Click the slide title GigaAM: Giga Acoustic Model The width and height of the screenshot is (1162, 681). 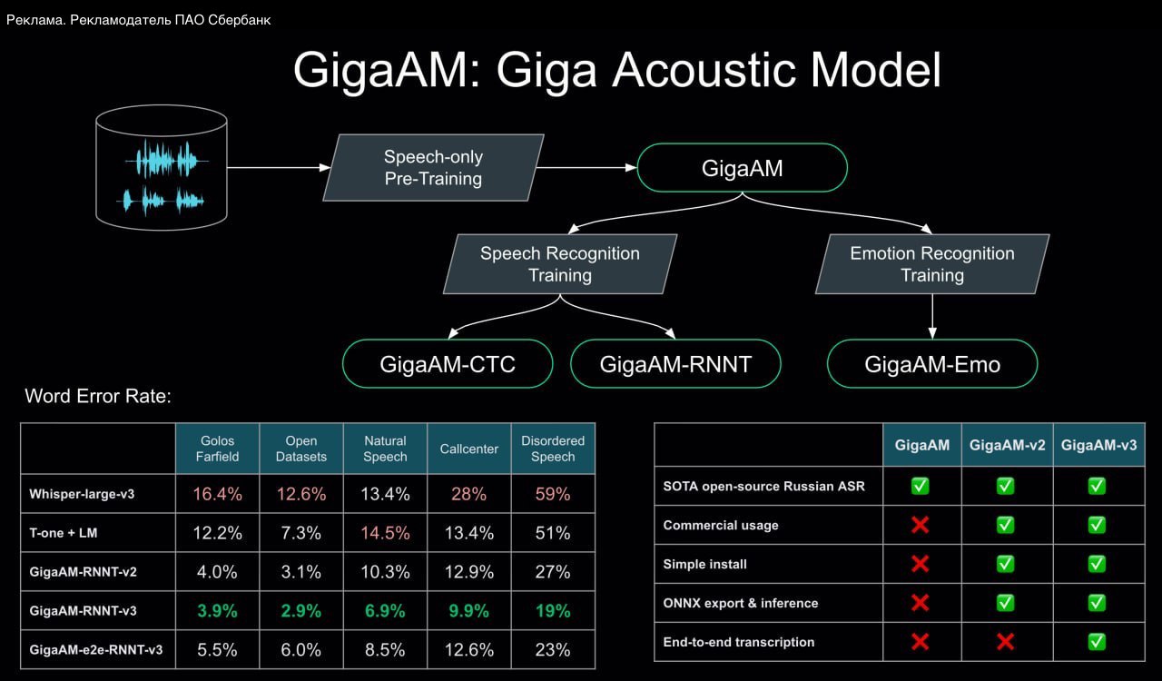(617, 70)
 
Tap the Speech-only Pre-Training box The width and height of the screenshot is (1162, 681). (433, 168)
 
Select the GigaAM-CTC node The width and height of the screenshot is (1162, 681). (448, 364)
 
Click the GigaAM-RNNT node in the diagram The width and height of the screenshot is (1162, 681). (676, 364)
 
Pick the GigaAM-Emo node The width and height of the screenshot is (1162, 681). (932, 364)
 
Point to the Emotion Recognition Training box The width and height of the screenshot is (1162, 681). (932, 264)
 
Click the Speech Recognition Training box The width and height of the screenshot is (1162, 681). (560, 264)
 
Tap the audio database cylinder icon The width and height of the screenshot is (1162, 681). (162, 168)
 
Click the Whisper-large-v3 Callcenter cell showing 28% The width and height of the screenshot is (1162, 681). (468, 494)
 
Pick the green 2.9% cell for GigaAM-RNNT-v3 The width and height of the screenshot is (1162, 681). (301, 611)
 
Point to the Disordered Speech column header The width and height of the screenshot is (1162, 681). (553, 449)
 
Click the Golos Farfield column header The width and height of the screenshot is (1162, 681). (217, 449)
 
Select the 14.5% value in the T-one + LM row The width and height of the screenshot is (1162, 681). (385, 533)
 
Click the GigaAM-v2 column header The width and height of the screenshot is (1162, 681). (1006, 445)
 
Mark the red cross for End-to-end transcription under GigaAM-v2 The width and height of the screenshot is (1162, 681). (1006, 642)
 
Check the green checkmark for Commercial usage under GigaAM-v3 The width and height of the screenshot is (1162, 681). (1097, 525)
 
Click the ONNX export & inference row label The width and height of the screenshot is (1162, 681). (741, 603)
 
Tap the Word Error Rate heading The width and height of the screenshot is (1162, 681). (98, 396)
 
